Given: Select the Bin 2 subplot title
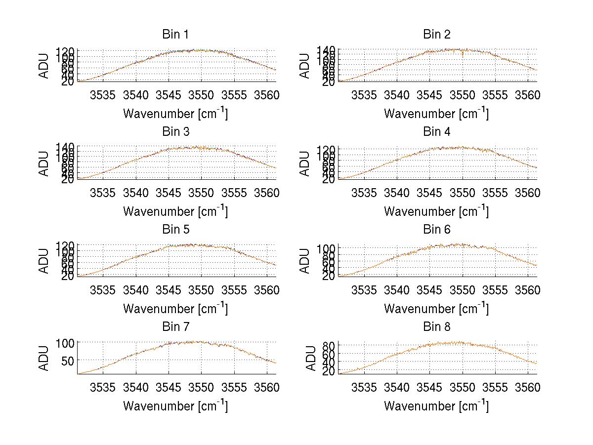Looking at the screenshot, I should coord(437,35).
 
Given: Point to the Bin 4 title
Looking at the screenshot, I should coord(437,132).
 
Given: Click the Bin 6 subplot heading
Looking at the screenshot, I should coord(437,230).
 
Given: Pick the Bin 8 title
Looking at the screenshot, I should coord(437,327).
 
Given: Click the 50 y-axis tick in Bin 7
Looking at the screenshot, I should coord(68,361).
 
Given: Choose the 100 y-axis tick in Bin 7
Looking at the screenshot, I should coord(65,342).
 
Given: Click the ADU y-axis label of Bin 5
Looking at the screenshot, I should coord(44,261).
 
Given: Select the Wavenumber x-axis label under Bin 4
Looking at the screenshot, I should coord(436,211).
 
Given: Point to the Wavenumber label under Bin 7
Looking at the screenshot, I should coord(175,406).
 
